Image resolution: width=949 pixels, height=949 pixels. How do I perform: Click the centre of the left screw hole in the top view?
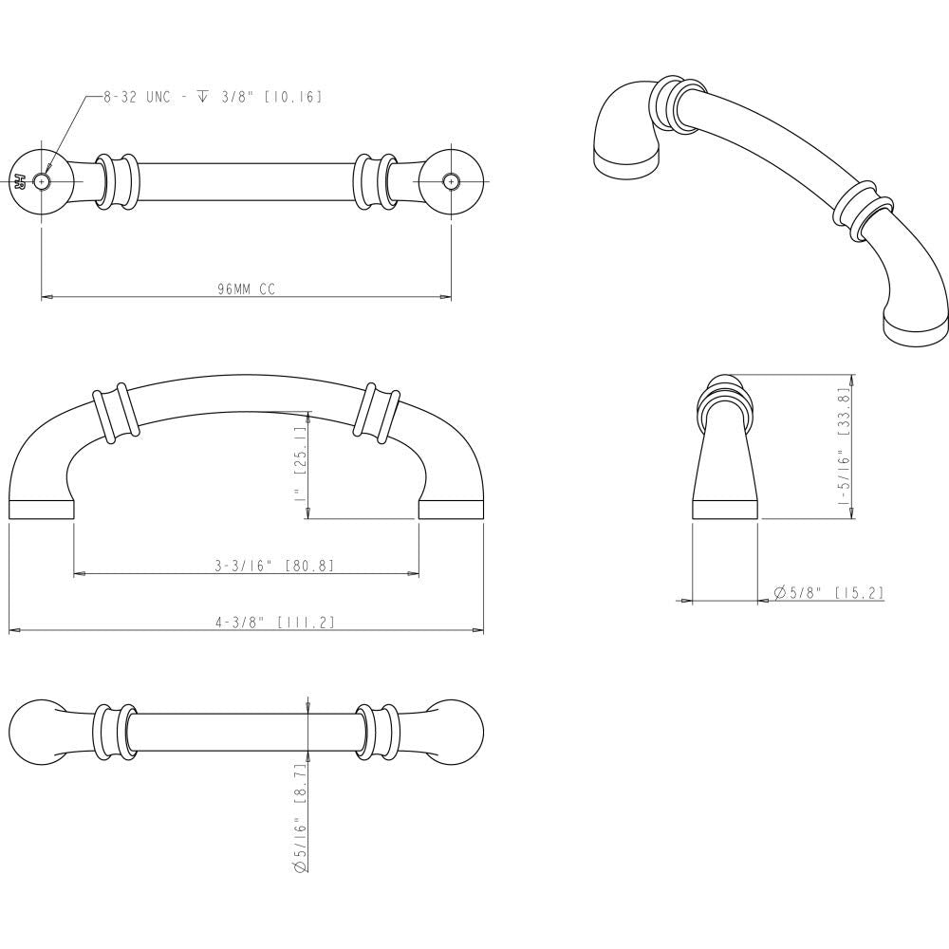[41, 180]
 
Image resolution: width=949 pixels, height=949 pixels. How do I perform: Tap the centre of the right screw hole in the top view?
[450, 180]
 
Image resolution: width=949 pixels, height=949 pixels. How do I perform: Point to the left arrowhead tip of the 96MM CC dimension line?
[41, 297]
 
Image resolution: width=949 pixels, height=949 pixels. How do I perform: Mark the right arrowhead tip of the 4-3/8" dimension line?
[483, 631]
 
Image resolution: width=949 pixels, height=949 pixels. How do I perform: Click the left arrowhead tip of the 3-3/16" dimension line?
[74, 573]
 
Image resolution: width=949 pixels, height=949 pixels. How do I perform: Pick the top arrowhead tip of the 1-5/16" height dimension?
[852, 375]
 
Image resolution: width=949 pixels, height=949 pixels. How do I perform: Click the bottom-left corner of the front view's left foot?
[9, 519]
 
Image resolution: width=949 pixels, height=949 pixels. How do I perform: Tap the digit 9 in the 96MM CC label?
[221, 289]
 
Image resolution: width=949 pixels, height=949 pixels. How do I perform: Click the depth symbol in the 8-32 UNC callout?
[202, 97]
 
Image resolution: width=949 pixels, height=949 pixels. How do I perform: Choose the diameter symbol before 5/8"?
[779, 592]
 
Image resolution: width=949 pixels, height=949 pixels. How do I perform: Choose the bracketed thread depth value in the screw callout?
[293, 97]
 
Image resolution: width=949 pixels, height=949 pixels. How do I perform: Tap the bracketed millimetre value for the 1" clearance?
[301, 443]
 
